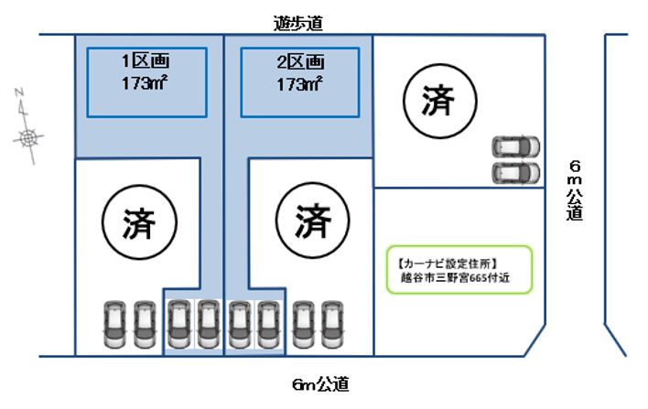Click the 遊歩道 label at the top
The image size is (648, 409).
click(x=297, y=24)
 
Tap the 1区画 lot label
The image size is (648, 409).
click(x=146, y=62)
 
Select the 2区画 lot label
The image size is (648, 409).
click(x=301, y=62)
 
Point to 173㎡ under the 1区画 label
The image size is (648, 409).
click(x=146, y=82)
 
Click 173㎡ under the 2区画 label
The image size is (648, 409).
click(x=301, y=83)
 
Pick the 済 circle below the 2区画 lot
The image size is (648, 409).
click(x=312, y=221)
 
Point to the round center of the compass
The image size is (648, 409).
click(x=29, y=138)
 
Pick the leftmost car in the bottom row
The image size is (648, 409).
click(x=114, y=324)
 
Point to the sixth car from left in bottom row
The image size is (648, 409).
click(x=268, y=324)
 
